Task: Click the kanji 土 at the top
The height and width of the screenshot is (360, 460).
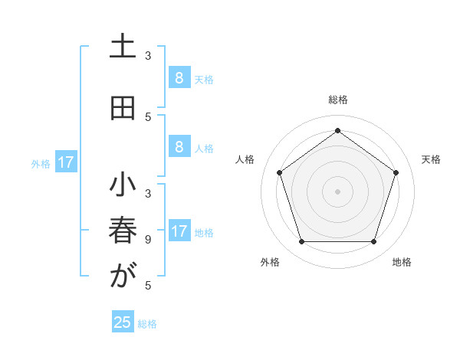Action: pos(122,48)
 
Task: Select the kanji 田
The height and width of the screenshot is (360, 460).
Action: pos(122,108)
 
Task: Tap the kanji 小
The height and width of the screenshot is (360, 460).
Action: pos(122,186)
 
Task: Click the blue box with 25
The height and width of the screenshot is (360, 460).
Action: pos(123,322)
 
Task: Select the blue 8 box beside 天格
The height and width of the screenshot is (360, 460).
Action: pos(179,77)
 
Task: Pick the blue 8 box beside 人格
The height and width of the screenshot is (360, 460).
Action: pos(179,148)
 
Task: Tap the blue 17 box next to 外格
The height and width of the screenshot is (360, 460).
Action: pos(66,162)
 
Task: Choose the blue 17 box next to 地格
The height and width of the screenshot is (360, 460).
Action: pos(179,231)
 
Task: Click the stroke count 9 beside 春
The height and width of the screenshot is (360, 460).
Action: pos(148,240)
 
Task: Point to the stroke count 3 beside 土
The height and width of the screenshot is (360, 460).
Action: pos(148,56)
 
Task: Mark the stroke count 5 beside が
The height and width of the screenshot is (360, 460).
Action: pos(148,285)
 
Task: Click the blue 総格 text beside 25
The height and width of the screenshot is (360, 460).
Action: pos(147,324)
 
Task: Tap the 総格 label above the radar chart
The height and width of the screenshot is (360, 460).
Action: pos(337,100)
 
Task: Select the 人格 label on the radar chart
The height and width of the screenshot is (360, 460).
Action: pos(245,159)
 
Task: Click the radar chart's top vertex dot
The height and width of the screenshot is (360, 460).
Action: pos(337,131)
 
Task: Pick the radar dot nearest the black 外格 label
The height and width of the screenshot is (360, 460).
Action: pos(301,242)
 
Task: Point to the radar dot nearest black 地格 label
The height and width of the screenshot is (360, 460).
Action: pos(373,242)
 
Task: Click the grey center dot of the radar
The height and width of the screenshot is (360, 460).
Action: pos(337,191)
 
